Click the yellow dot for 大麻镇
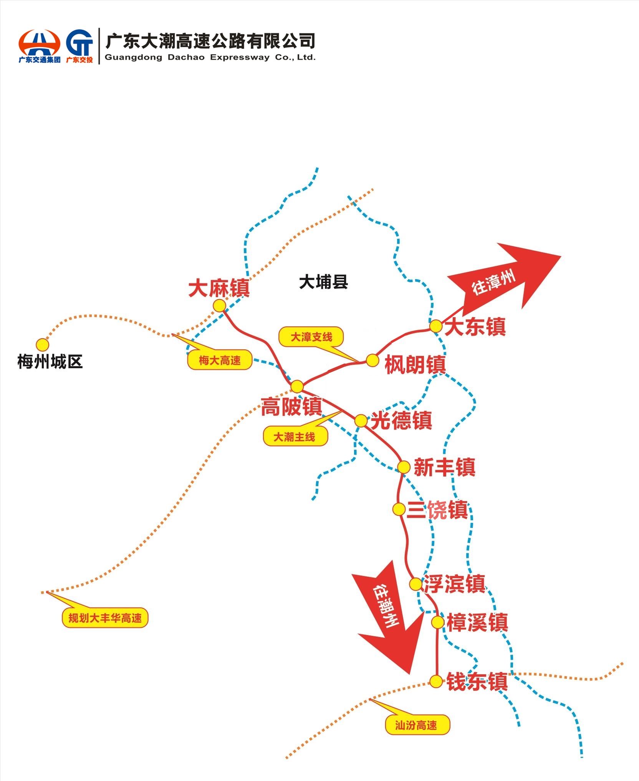(x=219, y=306)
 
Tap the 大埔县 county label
(x=323, y=282)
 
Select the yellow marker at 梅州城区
(x=42, y=344)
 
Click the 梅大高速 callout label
(x=219, y=361)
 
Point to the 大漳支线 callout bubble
(x=311, y=337)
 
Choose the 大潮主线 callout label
(x=295, y=437)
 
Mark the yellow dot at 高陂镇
(x=297, y=386)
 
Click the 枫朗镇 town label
(x=415, y=364)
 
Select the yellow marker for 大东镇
(x=436, y=326)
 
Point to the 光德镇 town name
(x=401, y=420)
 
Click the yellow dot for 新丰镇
(x=404, y=467)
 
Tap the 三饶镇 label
(x=437, y=510)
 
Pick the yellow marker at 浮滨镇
(x=416, y=584)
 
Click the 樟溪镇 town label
(x=477, y=622)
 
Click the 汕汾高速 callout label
(x=417, y=725)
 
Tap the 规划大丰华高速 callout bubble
(x=105, y=618)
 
